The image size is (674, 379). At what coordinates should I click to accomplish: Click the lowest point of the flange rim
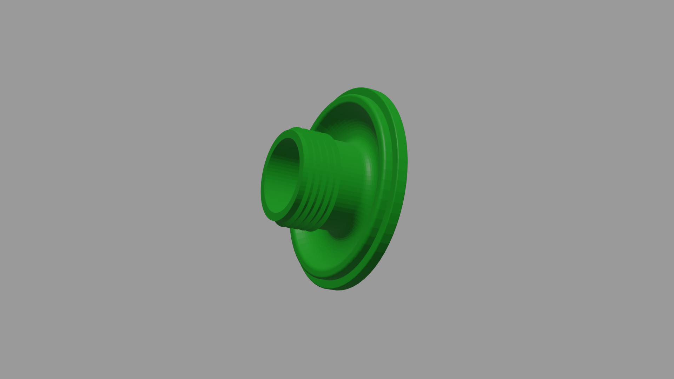point(337,290)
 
